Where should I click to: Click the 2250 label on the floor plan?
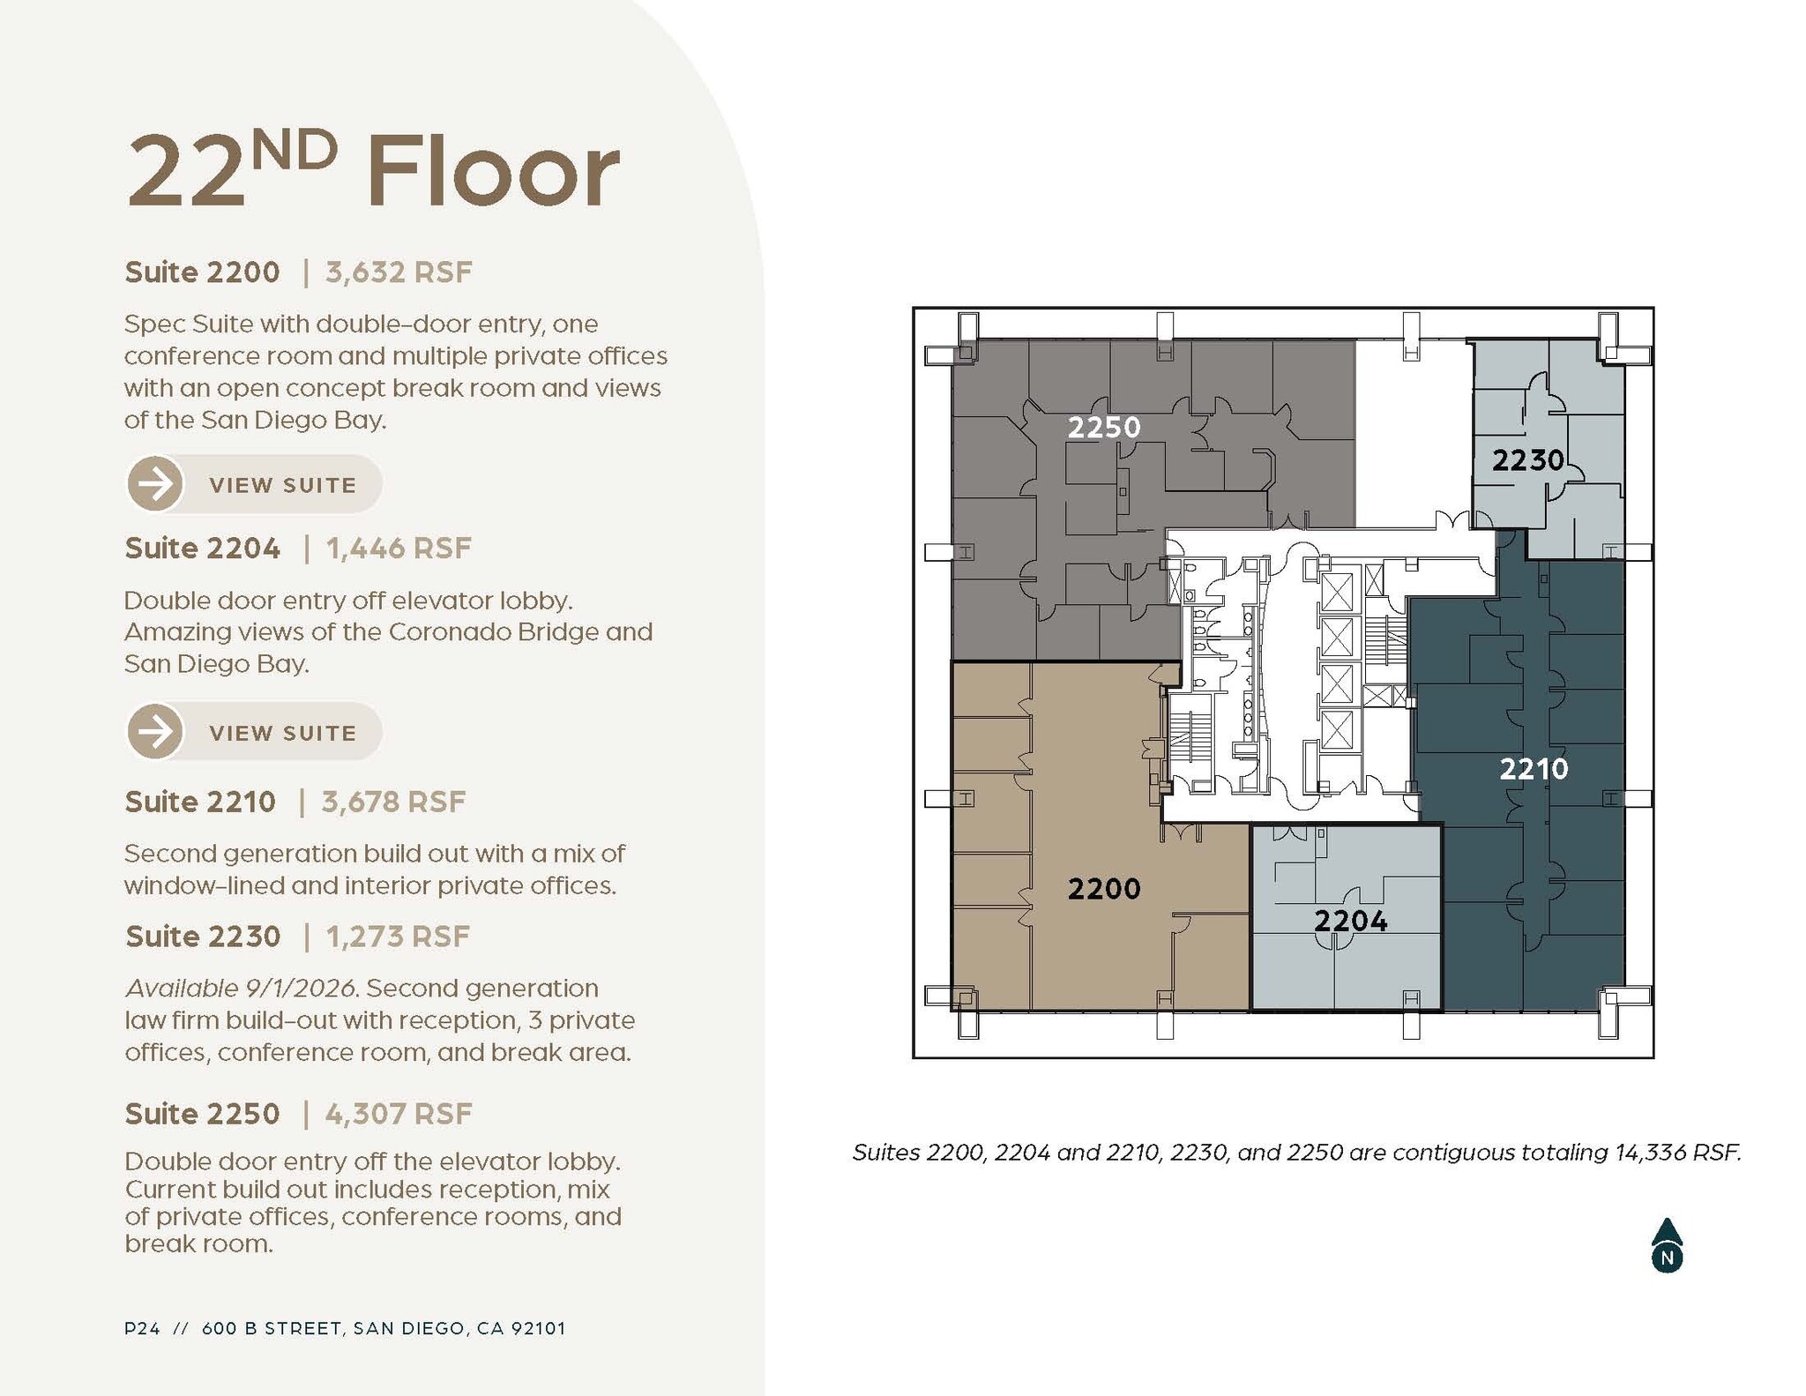tap(1104, 428)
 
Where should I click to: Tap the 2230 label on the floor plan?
tap(1527, 459)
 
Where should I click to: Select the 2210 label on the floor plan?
tap(1534, 769)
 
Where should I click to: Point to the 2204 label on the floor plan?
tap(1350, 922)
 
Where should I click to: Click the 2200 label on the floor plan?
tap(1104, 888)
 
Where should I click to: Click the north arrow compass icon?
tap(1666, 1246)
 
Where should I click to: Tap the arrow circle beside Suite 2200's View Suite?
tap(155, 484)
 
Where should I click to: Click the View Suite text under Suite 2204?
tap(282, 733)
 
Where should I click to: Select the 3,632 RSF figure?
tap(399, 272)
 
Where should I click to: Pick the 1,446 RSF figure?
tap(399, 549)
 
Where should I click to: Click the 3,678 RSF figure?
tap(393, 802)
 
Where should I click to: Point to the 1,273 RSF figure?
tap(398, 937)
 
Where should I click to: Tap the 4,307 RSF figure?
tap(399, 1114)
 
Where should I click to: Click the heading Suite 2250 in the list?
tap(202, 1114)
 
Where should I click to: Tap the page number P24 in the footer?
tap(142, 1328)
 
